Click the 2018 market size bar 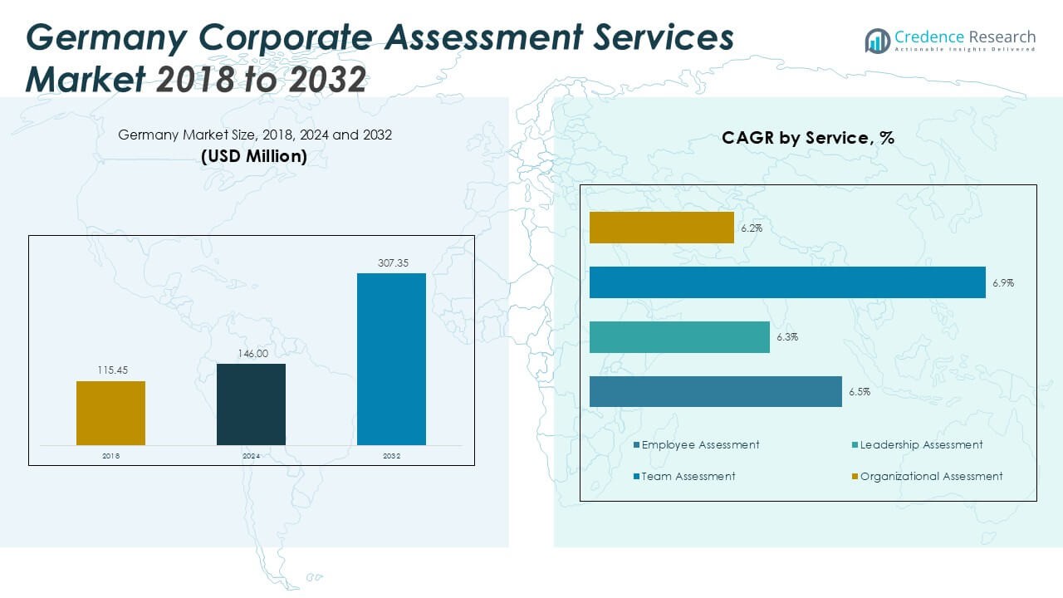pyautogui.click(x=110, y=413)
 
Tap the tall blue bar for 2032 pyautogui.click(x=391, y=359)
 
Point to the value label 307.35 pyautogui.click(x=391, y=263)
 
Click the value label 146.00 pyautogui.click(x=251, y=354)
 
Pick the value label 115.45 pyautogui.click(x=110, y=371)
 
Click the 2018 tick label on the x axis pyautogui.click(x=110, y=456)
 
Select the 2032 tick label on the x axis pyautogui.click(x=391, y=456)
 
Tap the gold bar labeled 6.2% pyautogui.click(x=662, y=228)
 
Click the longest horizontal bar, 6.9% pyautogui.click(x=787, y=282)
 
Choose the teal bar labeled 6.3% pyautogui.click(x=679, y=337)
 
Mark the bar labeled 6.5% pyautogui.click(x=716, y=391)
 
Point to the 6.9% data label pyautogui.click(x=1003, y=283)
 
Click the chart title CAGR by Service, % pyautogui.click(x=808, y=138)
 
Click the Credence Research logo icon pyautogui.click(x=877, y=41)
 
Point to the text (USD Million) pyautogui.click(x=254, y=156)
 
